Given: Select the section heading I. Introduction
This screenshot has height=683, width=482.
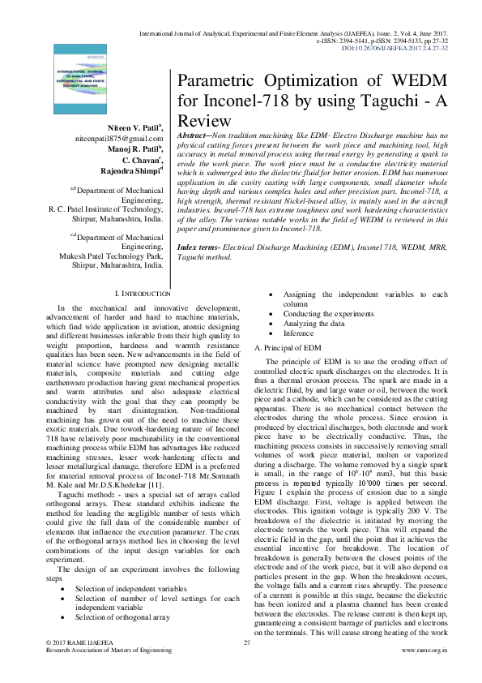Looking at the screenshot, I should (x=144, y=293).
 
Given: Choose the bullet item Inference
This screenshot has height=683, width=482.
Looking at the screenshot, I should (x=298, y=333).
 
